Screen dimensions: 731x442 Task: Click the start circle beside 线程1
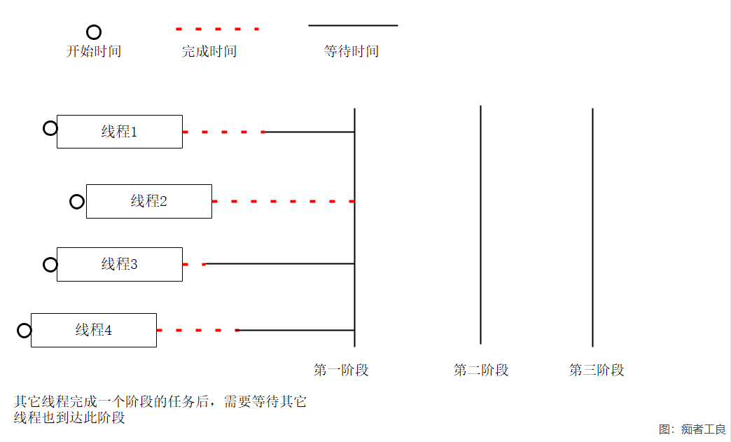[x=44, y=128]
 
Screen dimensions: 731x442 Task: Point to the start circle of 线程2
[x=71, y=202]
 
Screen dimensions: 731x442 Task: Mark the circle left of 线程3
[x=44, y=265]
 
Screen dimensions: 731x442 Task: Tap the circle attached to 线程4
[x=18, y=331]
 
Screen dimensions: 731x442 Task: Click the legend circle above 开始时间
[x=88, y=32]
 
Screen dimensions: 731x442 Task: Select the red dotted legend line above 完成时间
[x=217, y=29]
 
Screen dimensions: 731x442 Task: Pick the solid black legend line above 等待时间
[x=353, y=26]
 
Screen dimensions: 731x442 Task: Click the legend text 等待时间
[x=351, y=51]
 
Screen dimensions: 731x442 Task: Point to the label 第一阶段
[x=341, y=370]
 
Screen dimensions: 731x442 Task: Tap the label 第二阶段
[x=480, y=370]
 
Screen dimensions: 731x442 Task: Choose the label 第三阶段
[x=597, y=370]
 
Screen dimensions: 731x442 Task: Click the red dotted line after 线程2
[x=284, y=202]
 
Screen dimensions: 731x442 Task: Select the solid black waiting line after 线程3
[x=279, y=264]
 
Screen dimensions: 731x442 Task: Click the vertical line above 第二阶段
[x=480, y=225]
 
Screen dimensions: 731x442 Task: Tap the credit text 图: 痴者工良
[x=692, y=429]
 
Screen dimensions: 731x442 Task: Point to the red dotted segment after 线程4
[x=197, y=330]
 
